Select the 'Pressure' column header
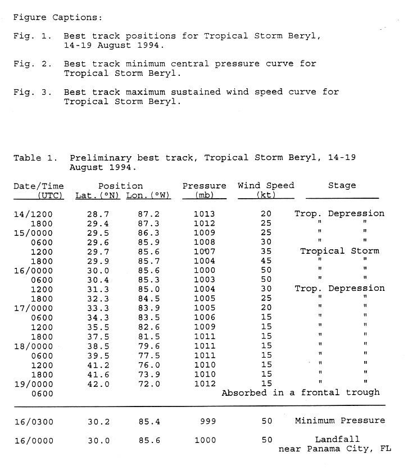coord(204,186)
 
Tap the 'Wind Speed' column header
coord(266,186)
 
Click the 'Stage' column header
coord(342,186)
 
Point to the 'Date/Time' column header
coord(39,186)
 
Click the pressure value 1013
coord(204,214)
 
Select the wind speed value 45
coord(266,261)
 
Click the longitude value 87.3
coord(149,223)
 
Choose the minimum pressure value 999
coord(207,421)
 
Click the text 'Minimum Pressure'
coord(340,421)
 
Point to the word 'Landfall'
coord(337,440)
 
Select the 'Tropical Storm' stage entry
coord(339,251)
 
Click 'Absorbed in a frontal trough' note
coord(301,393)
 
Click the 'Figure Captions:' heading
coord(58,17)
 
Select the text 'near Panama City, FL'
coord(334,449)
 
